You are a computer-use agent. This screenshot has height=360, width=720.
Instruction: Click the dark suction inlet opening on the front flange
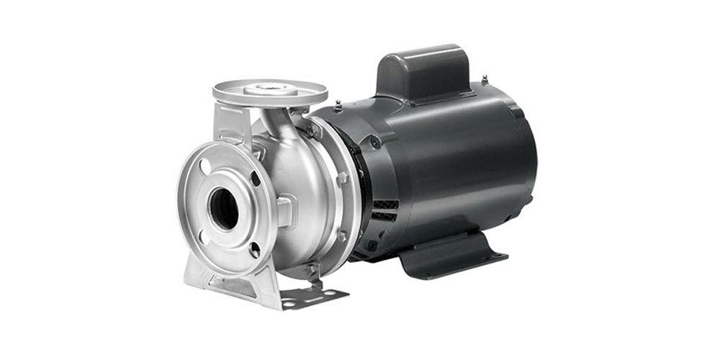(x=223, y=209)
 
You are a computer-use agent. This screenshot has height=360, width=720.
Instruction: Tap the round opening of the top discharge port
(x=270, y=89)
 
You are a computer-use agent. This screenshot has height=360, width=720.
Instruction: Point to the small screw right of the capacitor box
(x=485, y=79)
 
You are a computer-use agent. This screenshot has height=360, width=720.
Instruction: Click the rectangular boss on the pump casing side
(x=284, y=212)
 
